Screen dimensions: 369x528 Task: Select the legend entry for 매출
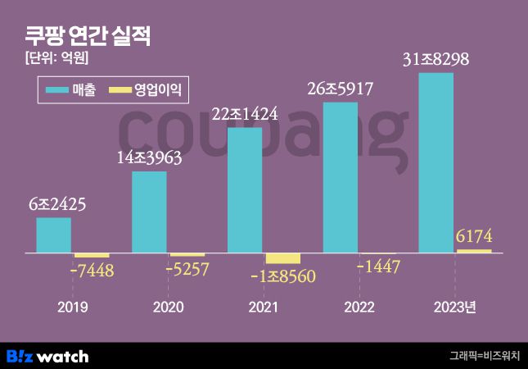(x=71, y=90)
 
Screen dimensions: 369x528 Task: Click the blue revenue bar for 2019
(x=53, y=235)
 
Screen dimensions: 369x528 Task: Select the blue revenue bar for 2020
(x=149, y=212)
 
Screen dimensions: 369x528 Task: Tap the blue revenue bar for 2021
(x=245, y=190)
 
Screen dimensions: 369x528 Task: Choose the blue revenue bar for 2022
(x=341, y=177)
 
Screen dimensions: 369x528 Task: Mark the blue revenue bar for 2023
(x=435, y=162)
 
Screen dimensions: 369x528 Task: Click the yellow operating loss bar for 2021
(x=283, y=258)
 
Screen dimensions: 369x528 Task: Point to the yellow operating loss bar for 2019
(x=92, y=255)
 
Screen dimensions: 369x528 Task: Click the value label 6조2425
(x=56, y=204)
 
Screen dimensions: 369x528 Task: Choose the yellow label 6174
(x=475, y=237)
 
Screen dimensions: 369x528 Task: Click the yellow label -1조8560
(x=283, y=276)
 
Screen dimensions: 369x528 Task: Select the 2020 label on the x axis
(x=168, y=307)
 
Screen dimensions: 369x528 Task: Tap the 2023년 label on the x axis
(x=454, y=307)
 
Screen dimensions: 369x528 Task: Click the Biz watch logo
(x=47, y=356)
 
